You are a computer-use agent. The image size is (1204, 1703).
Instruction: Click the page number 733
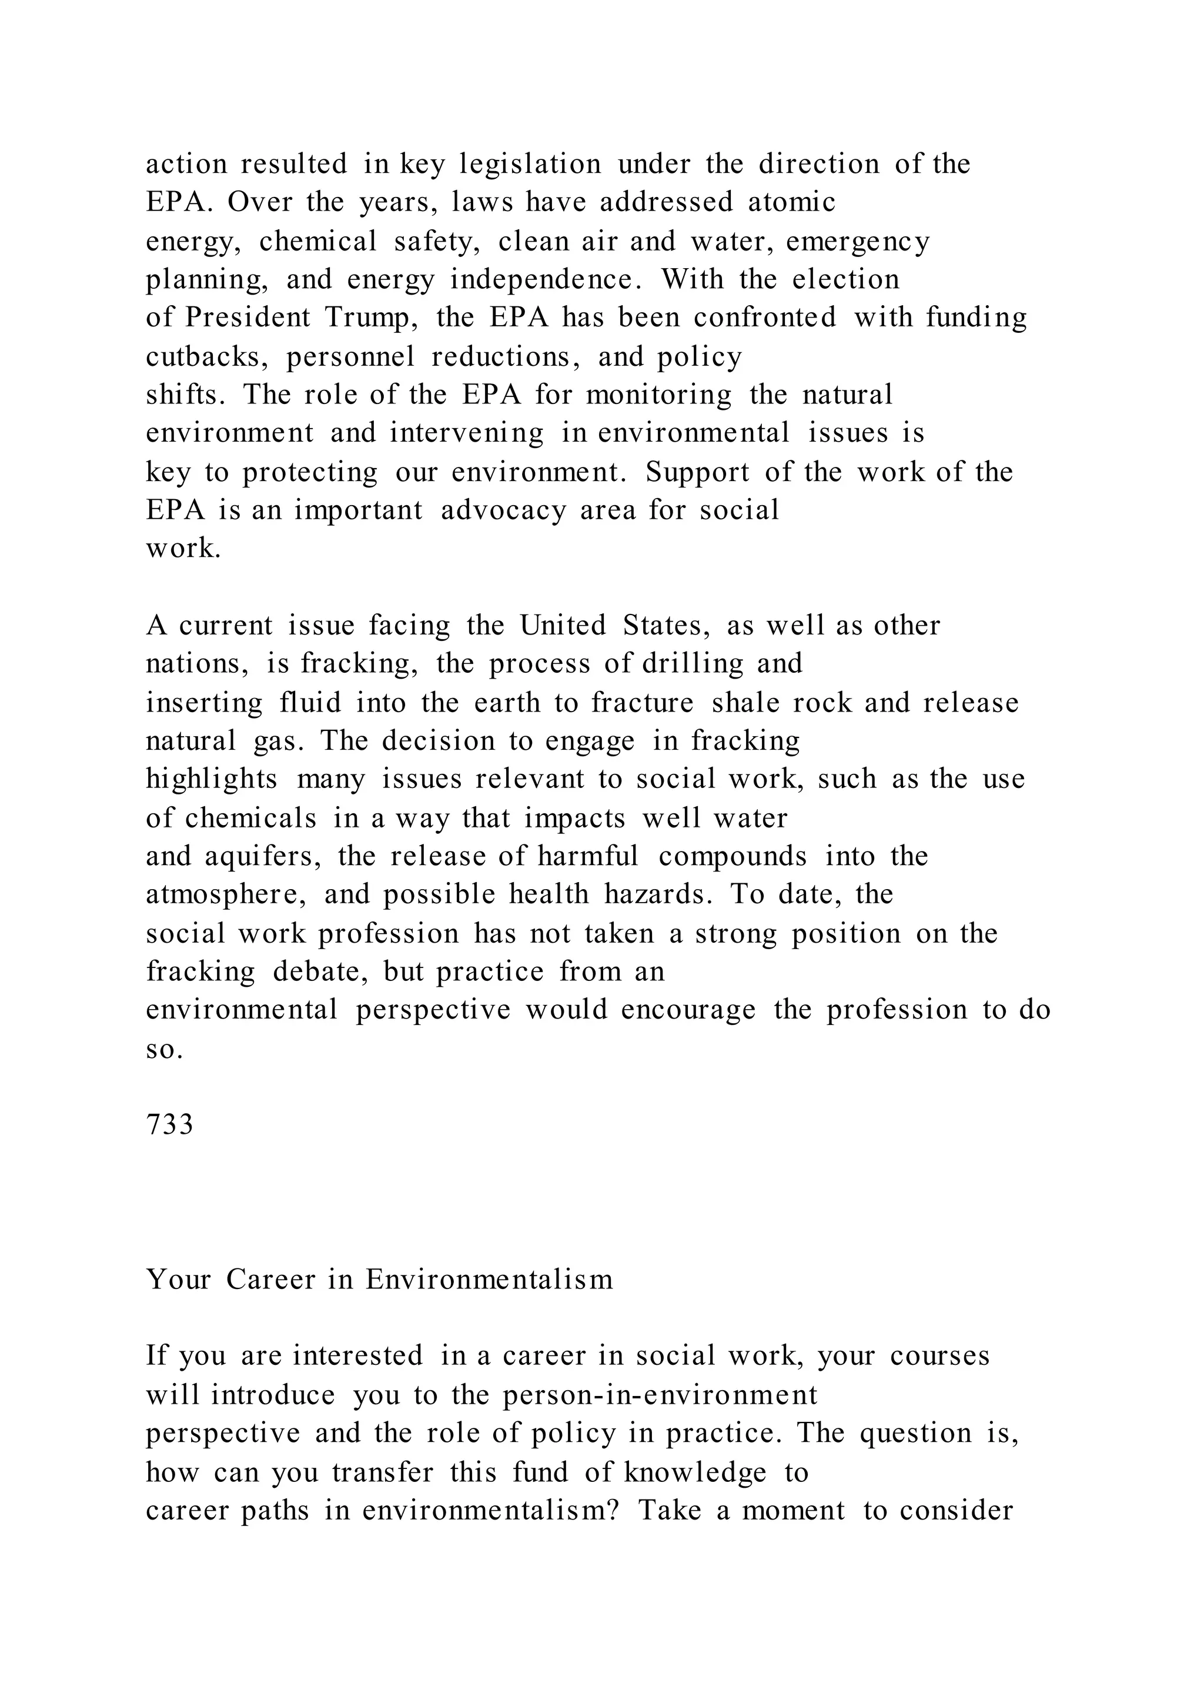170,1125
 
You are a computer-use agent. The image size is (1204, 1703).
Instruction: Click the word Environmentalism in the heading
489,1280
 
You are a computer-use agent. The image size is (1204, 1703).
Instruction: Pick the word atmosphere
225,894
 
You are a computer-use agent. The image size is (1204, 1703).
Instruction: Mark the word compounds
733,856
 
